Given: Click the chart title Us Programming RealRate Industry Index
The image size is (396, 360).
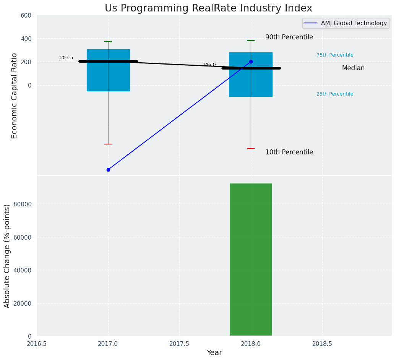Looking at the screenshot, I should coord(208,8).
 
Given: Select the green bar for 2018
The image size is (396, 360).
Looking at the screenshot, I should coord(251,260).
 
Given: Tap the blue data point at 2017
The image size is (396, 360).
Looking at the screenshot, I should coord(108,170).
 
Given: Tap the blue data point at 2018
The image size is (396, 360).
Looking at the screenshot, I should coord(251,62).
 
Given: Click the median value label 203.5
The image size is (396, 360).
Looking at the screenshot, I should coord(67,58).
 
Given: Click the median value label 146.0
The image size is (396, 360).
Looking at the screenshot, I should coord(209,65).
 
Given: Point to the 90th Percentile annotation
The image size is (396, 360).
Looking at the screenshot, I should coord(289,37).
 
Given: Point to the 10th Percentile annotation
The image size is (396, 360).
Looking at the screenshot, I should coord(289,152).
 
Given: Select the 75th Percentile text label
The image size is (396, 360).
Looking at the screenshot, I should coord(335,55).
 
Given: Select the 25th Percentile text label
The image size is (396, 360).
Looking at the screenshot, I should coord(335,94).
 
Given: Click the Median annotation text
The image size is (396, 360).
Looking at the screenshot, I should coord(353,68).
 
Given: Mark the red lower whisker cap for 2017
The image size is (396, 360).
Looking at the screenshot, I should coord(108,144).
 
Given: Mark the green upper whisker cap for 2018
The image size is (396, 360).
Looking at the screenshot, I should coord(251,41).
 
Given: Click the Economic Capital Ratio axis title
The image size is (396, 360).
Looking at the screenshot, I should coord(15,96).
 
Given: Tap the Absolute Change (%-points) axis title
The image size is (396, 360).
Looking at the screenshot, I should coord(7,256).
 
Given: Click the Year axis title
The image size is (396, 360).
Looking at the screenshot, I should coord(214,353).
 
